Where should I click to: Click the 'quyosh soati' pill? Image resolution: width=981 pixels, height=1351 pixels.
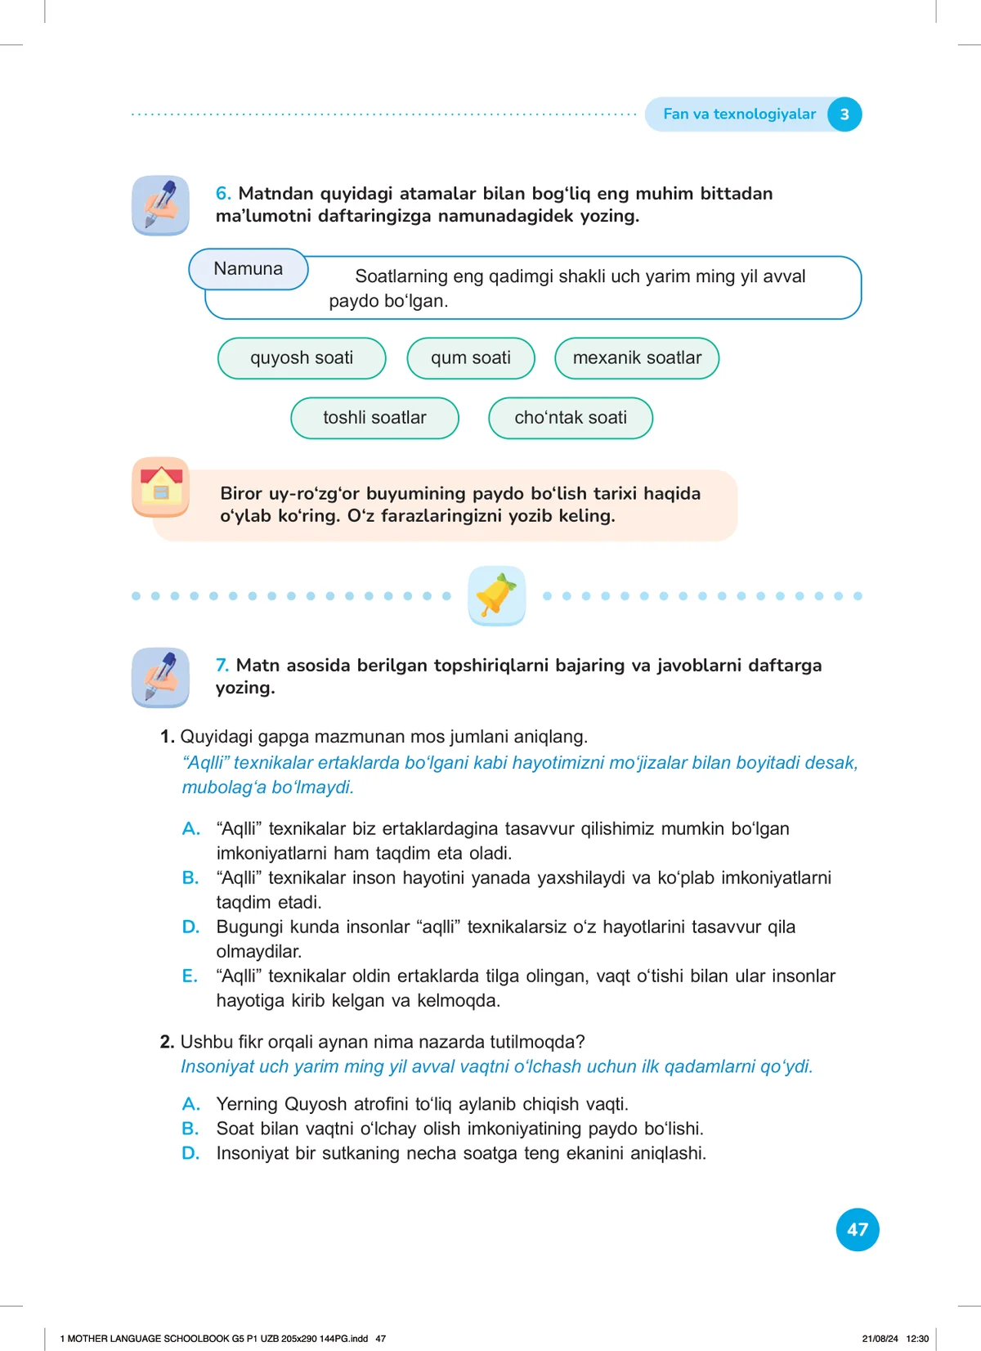302,358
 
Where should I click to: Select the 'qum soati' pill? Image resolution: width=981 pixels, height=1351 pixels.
471,358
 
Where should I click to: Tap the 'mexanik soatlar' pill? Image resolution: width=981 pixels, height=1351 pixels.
637,358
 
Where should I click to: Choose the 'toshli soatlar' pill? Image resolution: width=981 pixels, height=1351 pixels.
374,418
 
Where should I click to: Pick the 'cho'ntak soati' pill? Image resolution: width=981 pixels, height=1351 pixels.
571,418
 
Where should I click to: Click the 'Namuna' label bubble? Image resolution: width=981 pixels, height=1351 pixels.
249,269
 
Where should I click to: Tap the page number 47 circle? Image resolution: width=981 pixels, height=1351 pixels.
858,1229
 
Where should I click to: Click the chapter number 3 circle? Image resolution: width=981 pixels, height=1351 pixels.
844,114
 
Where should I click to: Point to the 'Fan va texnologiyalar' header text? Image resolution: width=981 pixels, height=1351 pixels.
739,114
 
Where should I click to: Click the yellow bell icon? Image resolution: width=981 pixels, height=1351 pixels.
496,595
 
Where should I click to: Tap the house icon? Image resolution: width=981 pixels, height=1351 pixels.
161,487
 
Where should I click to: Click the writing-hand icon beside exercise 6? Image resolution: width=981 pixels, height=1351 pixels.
161,205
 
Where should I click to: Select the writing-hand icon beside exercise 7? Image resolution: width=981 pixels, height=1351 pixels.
161,677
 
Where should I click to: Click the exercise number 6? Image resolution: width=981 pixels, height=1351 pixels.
223,194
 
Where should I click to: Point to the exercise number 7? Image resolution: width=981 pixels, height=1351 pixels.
222,666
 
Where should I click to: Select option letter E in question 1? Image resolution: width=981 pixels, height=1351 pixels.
190,976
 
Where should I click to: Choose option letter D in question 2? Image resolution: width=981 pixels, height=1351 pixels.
190,1153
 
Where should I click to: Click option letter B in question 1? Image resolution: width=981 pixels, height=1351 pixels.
190,877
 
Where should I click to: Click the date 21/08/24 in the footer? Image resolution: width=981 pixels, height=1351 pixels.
880,1339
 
